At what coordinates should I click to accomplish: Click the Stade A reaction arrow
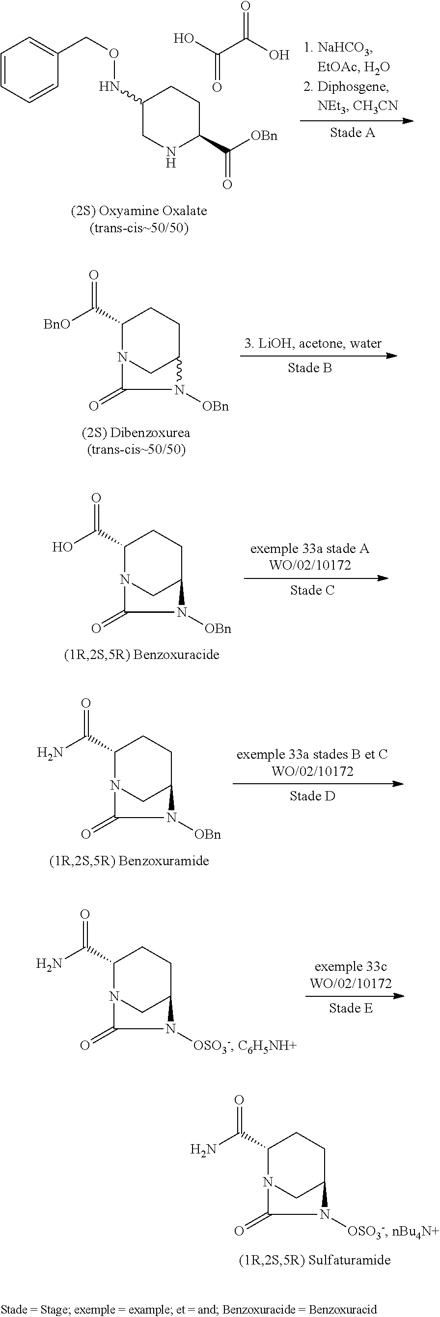click(356, 121)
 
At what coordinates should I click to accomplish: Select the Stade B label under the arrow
click(310, 368)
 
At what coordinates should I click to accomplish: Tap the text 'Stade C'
click(312, 590)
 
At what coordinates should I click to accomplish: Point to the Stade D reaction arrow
click(318, 784)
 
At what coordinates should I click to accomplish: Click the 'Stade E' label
click(351, 1008)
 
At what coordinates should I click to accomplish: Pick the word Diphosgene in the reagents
click(353, 86)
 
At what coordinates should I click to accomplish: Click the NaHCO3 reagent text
click(345, 48)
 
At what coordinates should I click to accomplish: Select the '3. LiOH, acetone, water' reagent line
click(313, 343)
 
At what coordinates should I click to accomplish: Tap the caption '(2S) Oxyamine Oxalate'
click(139, 211)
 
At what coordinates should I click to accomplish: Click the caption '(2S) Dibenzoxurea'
click(136, 433)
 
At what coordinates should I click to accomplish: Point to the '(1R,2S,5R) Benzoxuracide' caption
click(141, 655)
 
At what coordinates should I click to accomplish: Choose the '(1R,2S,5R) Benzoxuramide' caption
click(129, 860)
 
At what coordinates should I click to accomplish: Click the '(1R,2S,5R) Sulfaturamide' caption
click(315, 1260)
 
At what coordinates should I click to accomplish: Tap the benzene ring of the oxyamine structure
click(29, 69)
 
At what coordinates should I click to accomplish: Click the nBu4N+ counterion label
click(415, 1232)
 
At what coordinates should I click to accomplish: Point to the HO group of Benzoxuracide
click(62, 547)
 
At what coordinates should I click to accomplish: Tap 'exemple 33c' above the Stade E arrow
click(351, 966)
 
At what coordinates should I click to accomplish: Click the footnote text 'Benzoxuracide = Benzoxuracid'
click(300, 1309)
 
